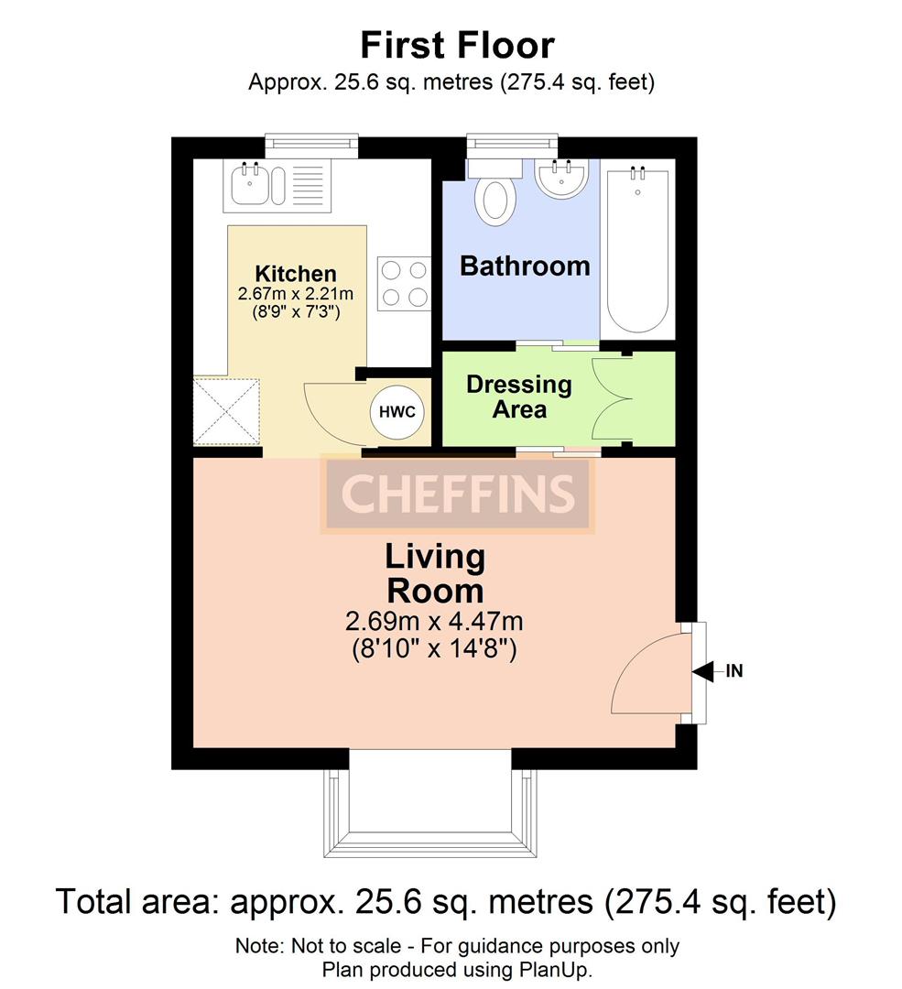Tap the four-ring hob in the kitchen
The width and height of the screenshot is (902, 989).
pos(404,283)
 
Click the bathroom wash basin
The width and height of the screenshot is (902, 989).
pos(560,178)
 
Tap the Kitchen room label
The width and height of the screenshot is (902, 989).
pos(295,274)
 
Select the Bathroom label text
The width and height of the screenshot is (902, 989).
pos(524,266)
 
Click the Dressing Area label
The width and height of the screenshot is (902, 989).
pos(518,397)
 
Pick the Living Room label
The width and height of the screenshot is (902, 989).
pos(434,572)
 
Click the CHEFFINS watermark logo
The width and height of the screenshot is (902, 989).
pos(458,494)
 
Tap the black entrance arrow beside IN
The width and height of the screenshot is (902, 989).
pos(702,672)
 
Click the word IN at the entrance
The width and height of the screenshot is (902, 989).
pos(734,671)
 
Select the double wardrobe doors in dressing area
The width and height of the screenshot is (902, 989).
pos(610,398)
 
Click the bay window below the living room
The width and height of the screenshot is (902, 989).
pos(428,806)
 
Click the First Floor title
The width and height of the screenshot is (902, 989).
pos(456,45)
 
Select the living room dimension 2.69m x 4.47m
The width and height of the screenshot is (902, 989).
pos(434,623)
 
